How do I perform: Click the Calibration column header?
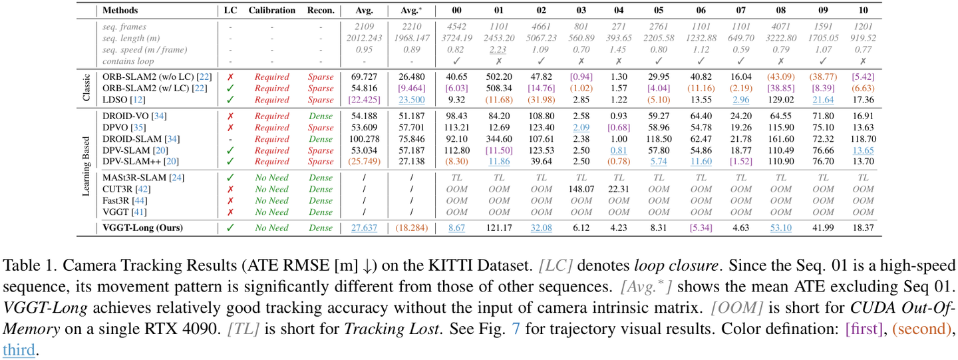click(x=271, y=11)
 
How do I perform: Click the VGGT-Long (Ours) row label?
click(x=142, y=228)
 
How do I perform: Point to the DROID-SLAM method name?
click(x=132, y=139)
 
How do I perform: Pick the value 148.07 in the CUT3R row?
click(x=581, y=189)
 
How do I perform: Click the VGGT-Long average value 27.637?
click(x=364, y=228)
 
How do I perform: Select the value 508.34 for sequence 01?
click(x=499, y=89)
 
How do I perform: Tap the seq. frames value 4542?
click(x=456, y=27)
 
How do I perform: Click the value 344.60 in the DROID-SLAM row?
click(x=499, y=139)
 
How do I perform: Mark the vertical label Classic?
click(x=86, y=88)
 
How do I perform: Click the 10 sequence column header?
click(x=864, y=11)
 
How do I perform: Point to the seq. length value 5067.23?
click(x=540, y=39)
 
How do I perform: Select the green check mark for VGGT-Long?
click(x=230, y=228)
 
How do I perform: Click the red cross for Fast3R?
click(x=230, y=200)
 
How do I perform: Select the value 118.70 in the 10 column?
click(x=864, y=139)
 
